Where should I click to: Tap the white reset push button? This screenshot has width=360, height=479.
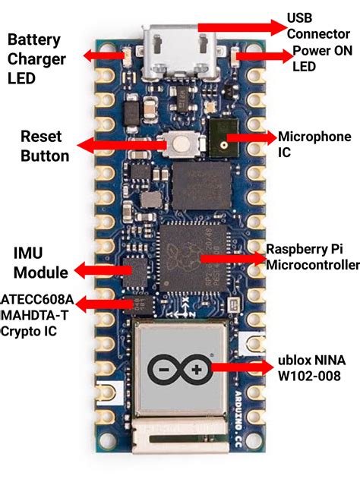point(180,144)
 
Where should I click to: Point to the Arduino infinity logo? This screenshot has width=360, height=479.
point(180,369)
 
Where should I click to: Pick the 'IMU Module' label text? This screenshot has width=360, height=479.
point(41,262)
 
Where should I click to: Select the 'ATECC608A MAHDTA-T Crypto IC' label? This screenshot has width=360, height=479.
point(37,315)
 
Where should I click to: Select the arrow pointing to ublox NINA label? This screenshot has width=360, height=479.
point(239,368)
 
